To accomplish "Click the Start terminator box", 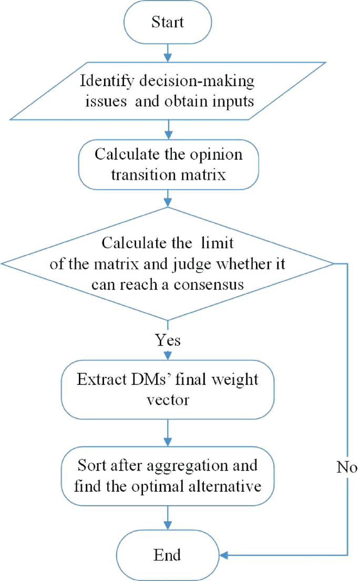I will point(168,23).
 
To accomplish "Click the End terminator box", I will point(168,555).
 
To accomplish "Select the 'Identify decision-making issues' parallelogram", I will point(168,90).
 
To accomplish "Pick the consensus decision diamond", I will point(168,262).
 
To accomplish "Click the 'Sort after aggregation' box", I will point(168,476).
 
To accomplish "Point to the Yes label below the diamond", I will point(168,340).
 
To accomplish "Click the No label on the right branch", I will point(347,467).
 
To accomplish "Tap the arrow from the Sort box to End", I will point(168,519).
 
